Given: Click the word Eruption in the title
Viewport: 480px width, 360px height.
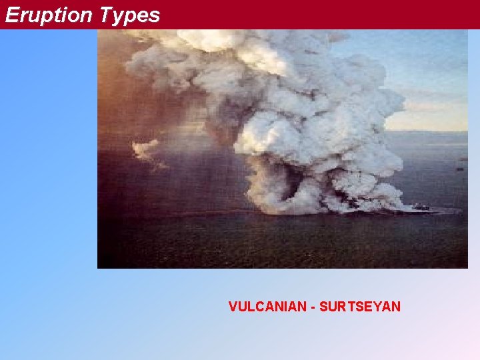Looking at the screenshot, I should pyautogui.click(x=48, y=15).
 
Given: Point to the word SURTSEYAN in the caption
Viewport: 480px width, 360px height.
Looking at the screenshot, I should pyautogui.click(x=360, y=307).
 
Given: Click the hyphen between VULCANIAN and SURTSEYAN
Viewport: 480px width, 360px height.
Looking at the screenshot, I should pyautogui.click(x=313, y=307).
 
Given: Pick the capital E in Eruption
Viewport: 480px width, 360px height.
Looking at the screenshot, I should pyautogui.click(x=11, y=15).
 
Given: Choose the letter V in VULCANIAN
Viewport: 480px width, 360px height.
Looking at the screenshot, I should pyautogui.click(x=233, y=307).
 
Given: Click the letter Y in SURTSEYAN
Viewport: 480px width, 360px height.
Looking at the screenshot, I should pyautogui.click(x=378, y=307).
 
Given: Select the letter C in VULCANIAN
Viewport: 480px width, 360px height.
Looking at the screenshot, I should pyautogui.click(x=256, y=307).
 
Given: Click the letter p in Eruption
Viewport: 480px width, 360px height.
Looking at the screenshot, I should pyautogui.click(x=53, y=17).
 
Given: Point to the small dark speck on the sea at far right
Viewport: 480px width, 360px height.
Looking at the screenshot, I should pyautogui.click(x=459, y=169).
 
